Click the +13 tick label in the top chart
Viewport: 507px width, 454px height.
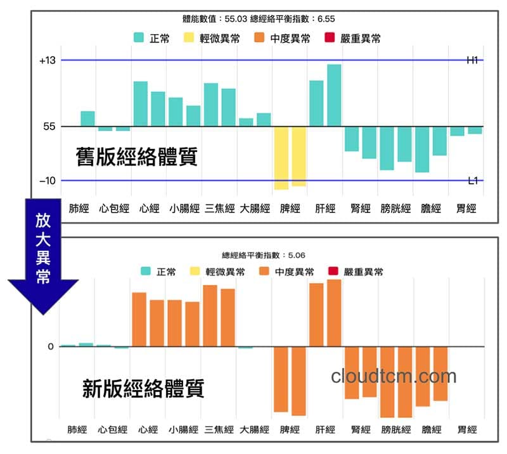(48, 61)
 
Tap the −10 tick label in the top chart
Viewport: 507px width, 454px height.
(48, 181)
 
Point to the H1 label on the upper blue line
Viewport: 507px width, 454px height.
(472, 61)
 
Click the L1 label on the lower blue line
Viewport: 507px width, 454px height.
(473, 181)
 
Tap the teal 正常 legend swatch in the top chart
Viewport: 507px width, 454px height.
(139, 38)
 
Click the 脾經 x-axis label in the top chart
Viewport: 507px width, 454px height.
(290, 208)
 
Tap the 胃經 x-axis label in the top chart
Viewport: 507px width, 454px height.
(466, 208)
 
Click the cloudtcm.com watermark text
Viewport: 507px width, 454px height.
(394, 376)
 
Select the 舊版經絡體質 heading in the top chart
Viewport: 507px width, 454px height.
(136, 156)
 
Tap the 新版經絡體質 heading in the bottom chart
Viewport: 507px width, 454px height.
(143, 388)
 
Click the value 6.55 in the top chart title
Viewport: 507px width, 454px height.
(324, 19)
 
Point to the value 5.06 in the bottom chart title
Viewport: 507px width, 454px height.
(297, 255)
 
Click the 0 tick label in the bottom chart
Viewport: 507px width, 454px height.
(51, 346)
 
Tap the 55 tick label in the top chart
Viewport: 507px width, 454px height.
(49, 127)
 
